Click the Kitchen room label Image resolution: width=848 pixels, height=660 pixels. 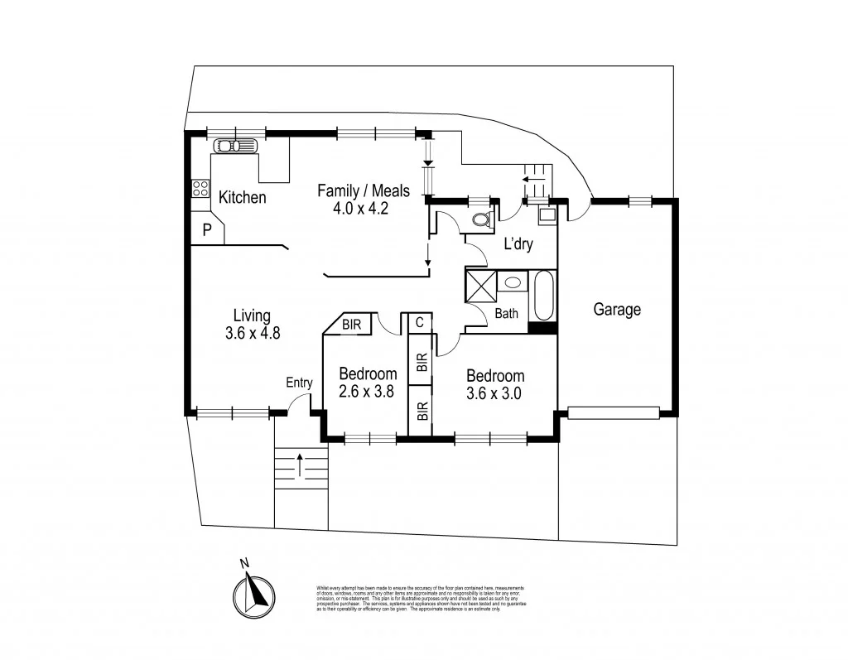pos(242,198)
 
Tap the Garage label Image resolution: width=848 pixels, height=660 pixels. pos(617,310)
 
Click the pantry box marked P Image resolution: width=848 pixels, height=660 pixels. pos(207,230)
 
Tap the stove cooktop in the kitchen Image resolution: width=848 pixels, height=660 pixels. pos(200,188)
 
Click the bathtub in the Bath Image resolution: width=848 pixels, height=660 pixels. pos(544,295)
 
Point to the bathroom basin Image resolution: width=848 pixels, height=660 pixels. pos(513,282)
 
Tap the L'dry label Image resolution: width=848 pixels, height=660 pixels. pos(518,244)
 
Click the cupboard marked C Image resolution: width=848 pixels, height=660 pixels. pos(420,321)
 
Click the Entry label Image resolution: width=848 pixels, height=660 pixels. pos(299,383)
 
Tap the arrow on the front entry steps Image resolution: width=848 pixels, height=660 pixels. pos(299,464)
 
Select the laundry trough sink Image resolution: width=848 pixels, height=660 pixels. pos(547,217)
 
